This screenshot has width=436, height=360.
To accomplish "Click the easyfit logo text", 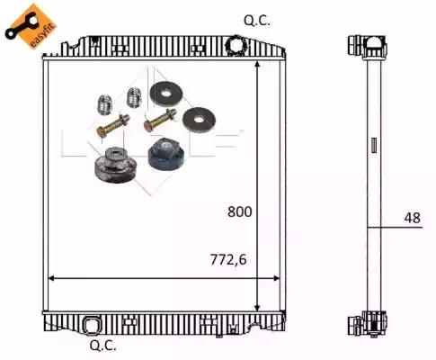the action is pyautogui.click(x=43, y=35).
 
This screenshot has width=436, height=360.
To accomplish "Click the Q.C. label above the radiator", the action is pyautogui.click(x=257, y=21).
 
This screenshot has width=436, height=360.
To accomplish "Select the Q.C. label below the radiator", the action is pyautogui.click(x=102, y=346).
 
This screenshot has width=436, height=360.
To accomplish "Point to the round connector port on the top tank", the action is pyautogui.click(x=237, y=45).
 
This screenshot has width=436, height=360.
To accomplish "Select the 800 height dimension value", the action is pyautogui.click(x=240, y=211).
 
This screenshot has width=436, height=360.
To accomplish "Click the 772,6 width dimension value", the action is pyautogui.click(x=228, y=259).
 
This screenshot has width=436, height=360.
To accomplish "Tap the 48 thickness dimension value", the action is pyautogui.click(x=413, y=218).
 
